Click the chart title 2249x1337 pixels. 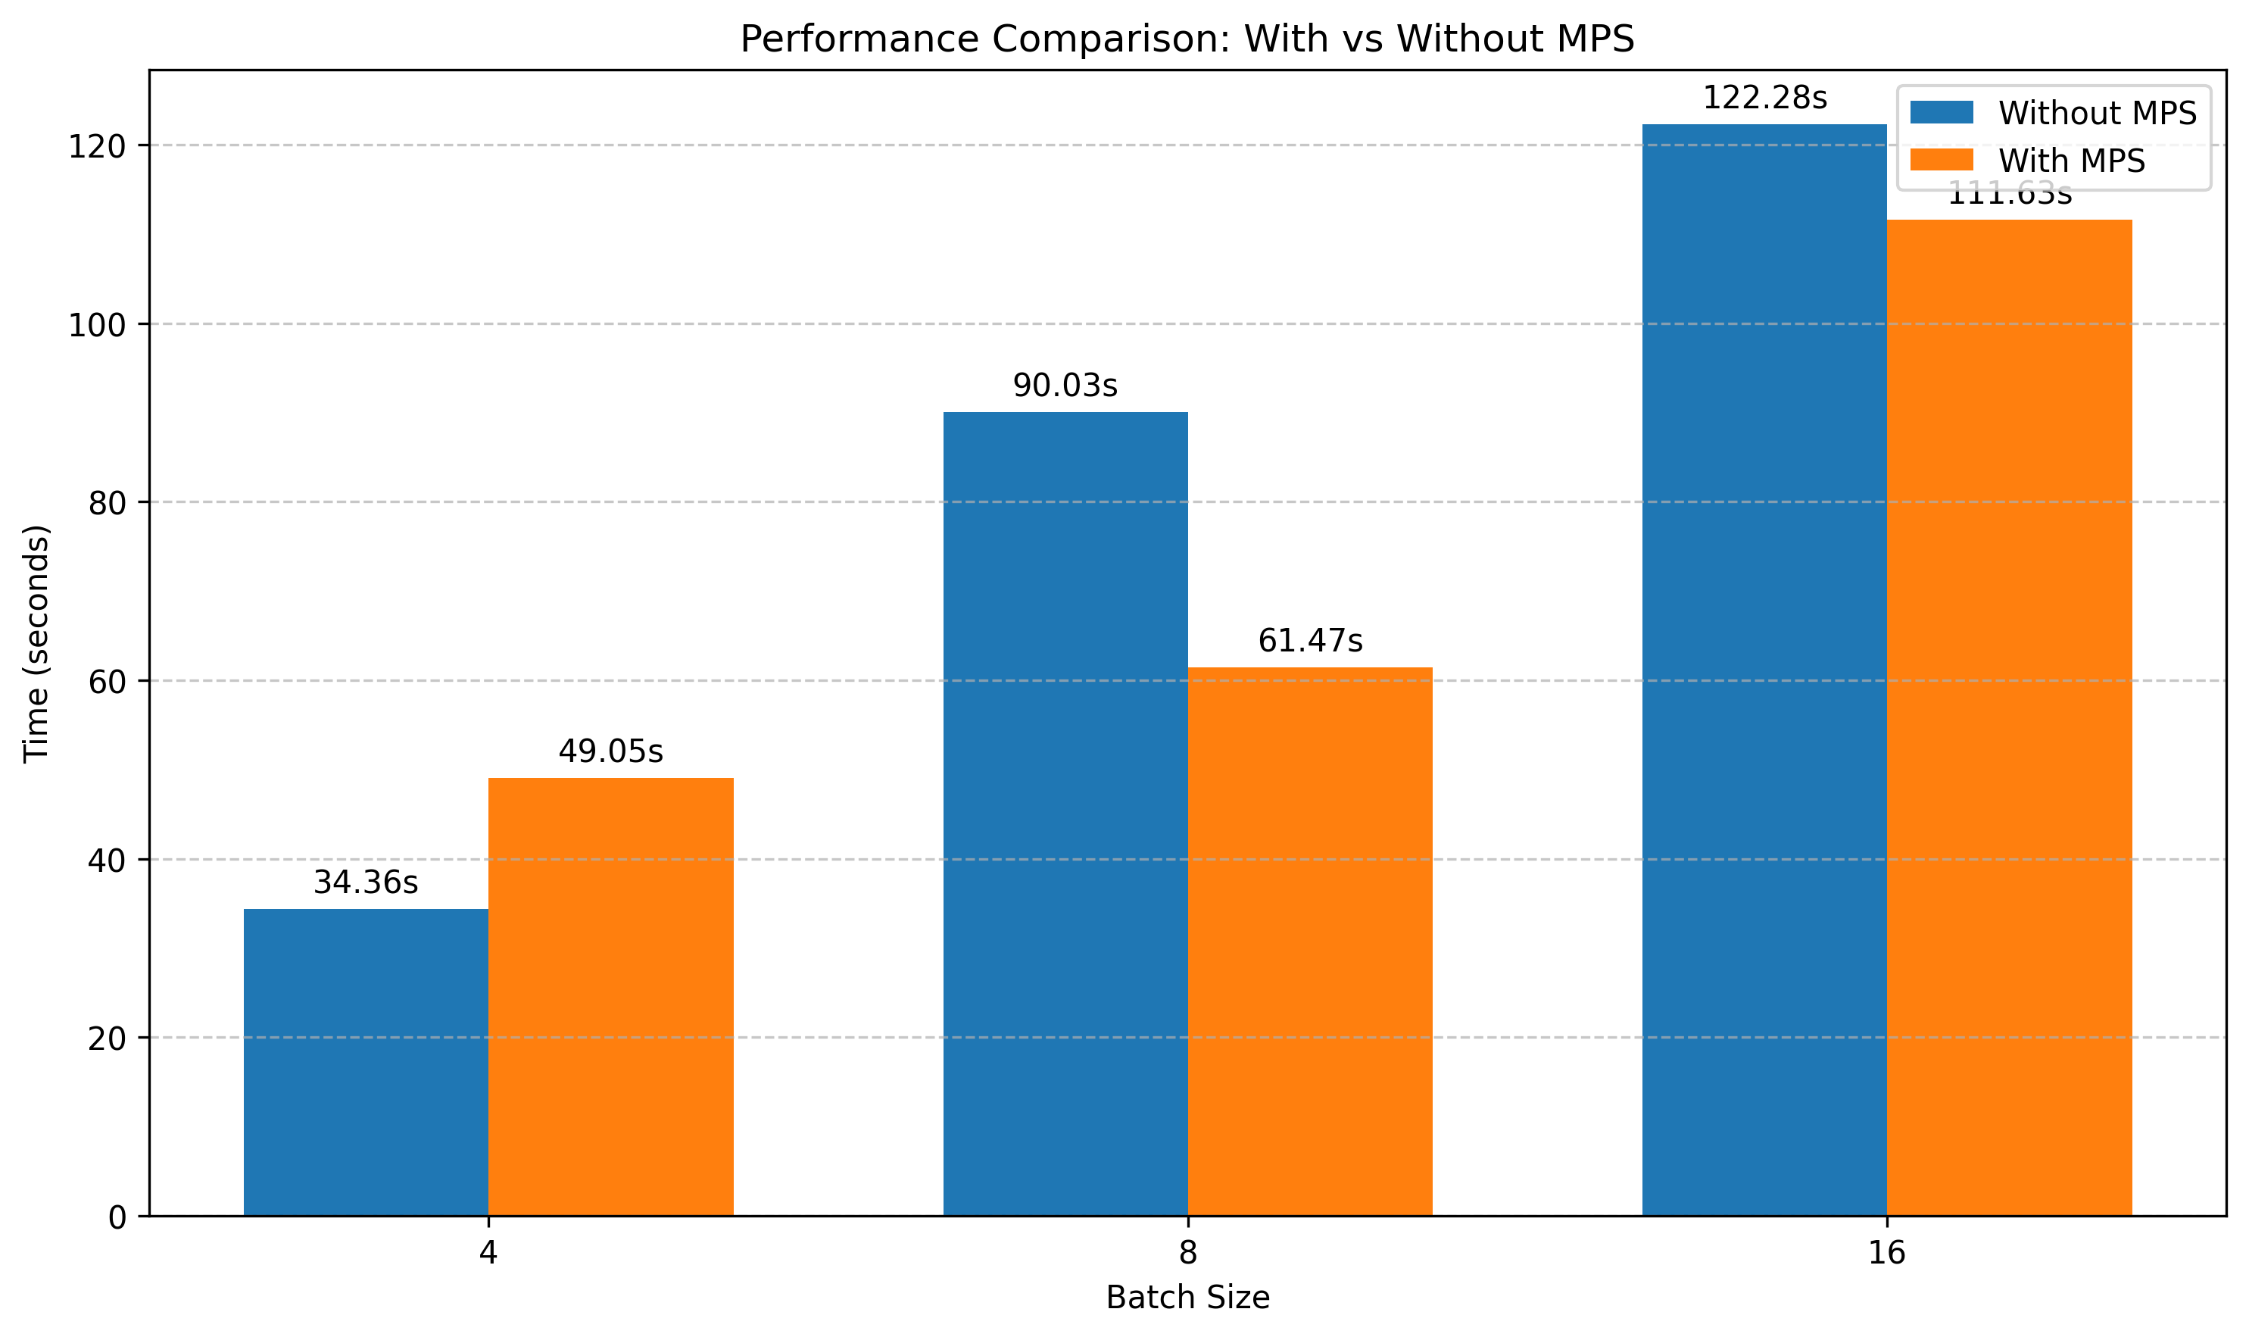[1187, 39]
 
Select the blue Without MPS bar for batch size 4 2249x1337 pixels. [366, 1062]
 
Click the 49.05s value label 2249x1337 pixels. [610, 751]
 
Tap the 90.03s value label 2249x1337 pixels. [1065, 386]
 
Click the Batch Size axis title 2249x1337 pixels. [1187, 1298]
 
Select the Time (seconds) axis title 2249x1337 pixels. [37, 643]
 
